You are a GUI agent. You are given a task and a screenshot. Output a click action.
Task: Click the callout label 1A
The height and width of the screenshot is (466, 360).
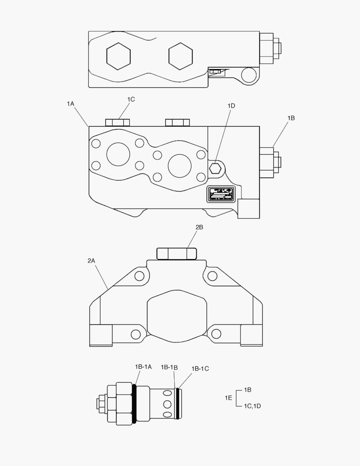coord(71,104)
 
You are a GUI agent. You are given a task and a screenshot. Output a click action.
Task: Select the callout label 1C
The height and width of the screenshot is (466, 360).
coord(131,99)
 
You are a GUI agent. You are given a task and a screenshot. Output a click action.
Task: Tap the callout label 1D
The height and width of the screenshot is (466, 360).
coord(231,106)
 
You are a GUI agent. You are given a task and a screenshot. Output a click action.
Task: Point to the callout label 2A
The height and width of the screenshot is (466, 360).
coord(91,261)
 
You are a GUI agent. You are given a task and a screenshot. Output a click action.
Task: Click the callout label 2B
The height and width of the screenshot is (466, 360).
coord(199,227)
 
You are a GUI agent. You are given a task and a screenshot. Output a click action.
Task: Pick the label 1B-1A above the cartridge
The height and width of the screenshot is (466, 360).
coord(143,367)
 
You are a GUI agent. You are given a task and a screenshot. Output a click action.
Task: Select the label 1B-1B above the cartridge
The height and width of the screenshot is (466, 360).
coord(169,367)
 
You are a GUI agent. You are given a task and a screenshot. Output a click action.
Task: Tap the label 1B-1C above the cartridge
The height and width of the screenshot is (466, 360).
coord(200,368)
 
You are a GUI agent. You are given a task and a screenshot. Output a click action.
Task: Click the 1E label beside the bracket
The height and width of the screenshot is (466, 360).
coord(229,398)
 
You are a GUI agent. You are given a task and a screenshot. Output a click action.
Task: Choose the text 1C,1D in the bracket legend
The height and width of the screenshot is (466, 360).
coord(252,406)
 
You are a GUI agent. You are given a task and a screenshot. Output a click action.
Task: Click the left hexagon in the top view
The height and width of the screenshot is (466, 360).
coord(119,56)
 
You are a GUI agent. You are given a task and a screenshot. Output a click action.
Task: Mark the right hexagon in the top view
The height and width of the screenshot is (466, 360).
coord(180,56)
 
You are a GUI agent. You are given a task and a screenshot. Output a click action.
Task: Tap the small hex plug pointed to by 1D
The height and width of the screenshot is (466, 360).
coord(215,168)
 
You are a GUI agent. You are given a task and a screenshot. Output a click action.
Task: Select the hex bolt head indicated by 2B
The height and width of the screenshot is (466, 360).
coord(177,253)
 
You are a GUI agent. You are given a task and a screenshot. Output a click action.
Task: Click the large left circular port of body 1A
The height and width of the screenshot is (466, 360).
coord(118,154)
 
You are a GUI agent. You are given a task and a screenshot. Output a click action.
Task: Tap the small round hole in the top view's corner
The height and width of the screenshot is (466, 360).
coord(249,75)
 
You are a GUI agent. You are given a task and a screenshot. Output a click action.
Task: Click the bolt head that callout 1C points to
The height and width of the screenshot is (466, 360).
coord(118,123)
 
